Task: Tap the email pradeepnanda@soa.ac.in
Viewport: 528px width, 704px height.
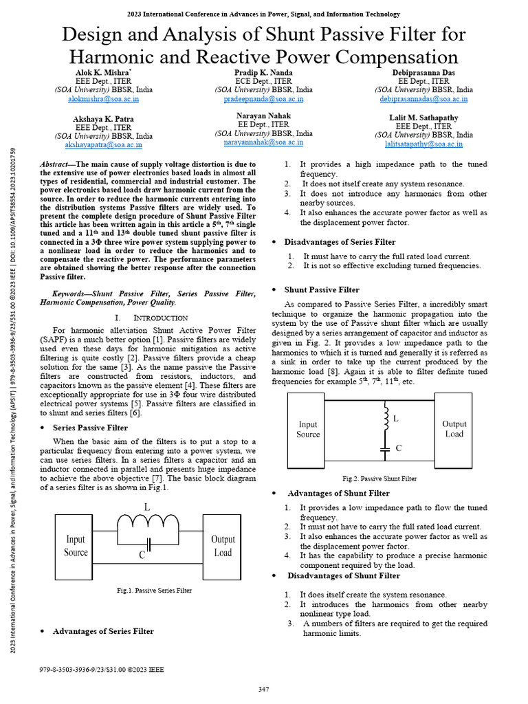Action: [x=263, y=99]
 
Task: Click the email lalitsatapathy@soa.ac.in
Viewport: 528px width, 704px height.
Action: [x=423, y=144]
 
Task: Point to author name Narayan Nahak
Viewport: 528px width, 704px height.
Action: [x=263, y=115]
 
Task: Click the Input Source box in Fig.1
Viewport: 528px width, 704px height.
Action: [x=76, y=546]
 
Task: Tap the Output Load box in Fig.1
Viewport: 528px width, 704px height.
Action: [x=223, y=546]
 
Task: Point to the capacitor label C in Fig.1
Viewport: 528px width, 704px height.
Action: [x=142, y=555]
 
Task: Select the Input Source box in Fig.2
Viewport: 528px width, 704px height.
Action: [x=308, y=429]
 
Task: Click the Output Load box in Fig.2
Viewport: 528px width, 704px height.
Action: [x=454, y=429]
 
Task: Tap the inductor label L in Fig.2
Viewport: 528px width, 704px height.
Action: [x=395, y=419]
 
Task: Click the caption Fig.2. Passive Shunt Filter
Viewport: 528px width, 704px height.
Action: [x=379, y=478]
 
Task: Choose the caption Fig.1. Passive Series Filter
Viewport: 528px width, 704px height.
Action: [x=154, y=591]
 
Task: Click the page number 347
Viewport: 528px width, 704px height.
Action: [x=263, y=689]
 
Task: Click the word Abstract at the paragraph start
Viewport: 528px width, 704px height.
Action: [x=58, y=164]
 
